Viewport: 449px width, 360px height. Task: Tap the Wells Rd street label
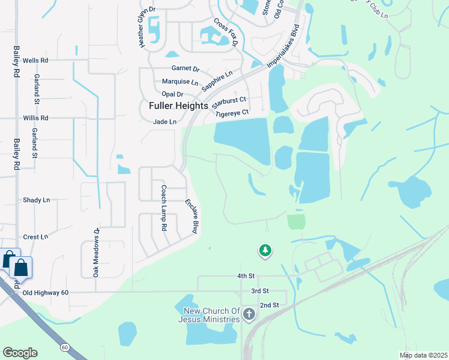(x=35, y=61)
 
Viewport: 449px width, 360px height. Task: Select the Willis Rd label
(x=35, y=118)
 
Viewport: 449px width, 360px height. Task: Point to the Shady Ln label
(x=36, y=200)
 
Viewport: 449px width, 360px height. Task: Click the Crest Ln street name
(x=35, y=237)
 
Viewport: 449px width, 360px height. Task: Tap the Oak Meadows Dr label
(x=95, y=251)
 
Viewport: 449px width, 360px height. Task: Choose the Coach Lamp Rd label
(x=163, y=208)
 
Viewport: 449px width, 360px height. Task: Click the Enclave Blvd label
(x=191, y=216)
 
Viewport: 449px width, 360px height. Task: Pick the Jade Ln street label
(x=164, y=122)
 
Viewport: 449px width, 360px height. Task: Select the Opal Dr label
(x=172, y=94)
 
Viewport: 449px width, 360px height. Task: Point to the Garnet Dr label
(x=185, y=68)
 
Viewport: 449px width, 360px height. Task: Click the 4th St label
(x=246, y=276)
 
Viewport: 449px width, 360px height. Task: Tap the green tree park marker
(x=265, y=250)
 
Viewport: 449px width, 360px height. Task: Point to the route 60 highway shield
(x=64, y=347)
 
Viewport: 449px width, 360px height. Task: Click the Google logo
(x=20, y=353)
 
